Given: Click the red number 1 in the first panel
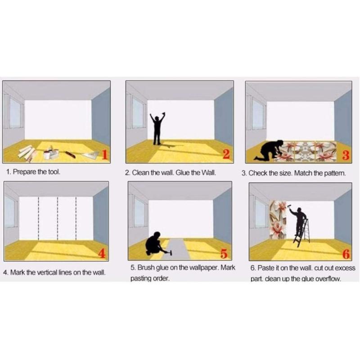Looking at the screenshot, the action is [104, 154].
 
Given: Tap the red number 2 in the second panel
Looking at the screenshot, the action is [226, 154].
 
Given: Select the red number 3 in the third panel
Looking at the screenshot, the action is [346, 155].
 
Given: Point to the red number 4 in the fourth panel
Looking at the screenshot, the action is [102, 253].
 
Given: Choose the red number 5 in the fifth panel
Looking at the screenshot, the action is [224, 253].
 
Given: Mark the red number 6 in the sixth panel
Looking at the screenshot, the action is [346, 254].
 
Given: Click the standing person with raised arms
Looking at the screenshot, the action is [157, 129].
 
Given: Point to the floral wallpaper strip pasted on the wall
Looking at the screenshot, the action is [278, 220].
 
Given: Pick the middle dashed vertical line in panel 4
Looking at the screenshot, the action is [58, 218].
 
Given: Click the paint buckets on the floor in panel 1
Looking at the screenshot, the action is [51, 153].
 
